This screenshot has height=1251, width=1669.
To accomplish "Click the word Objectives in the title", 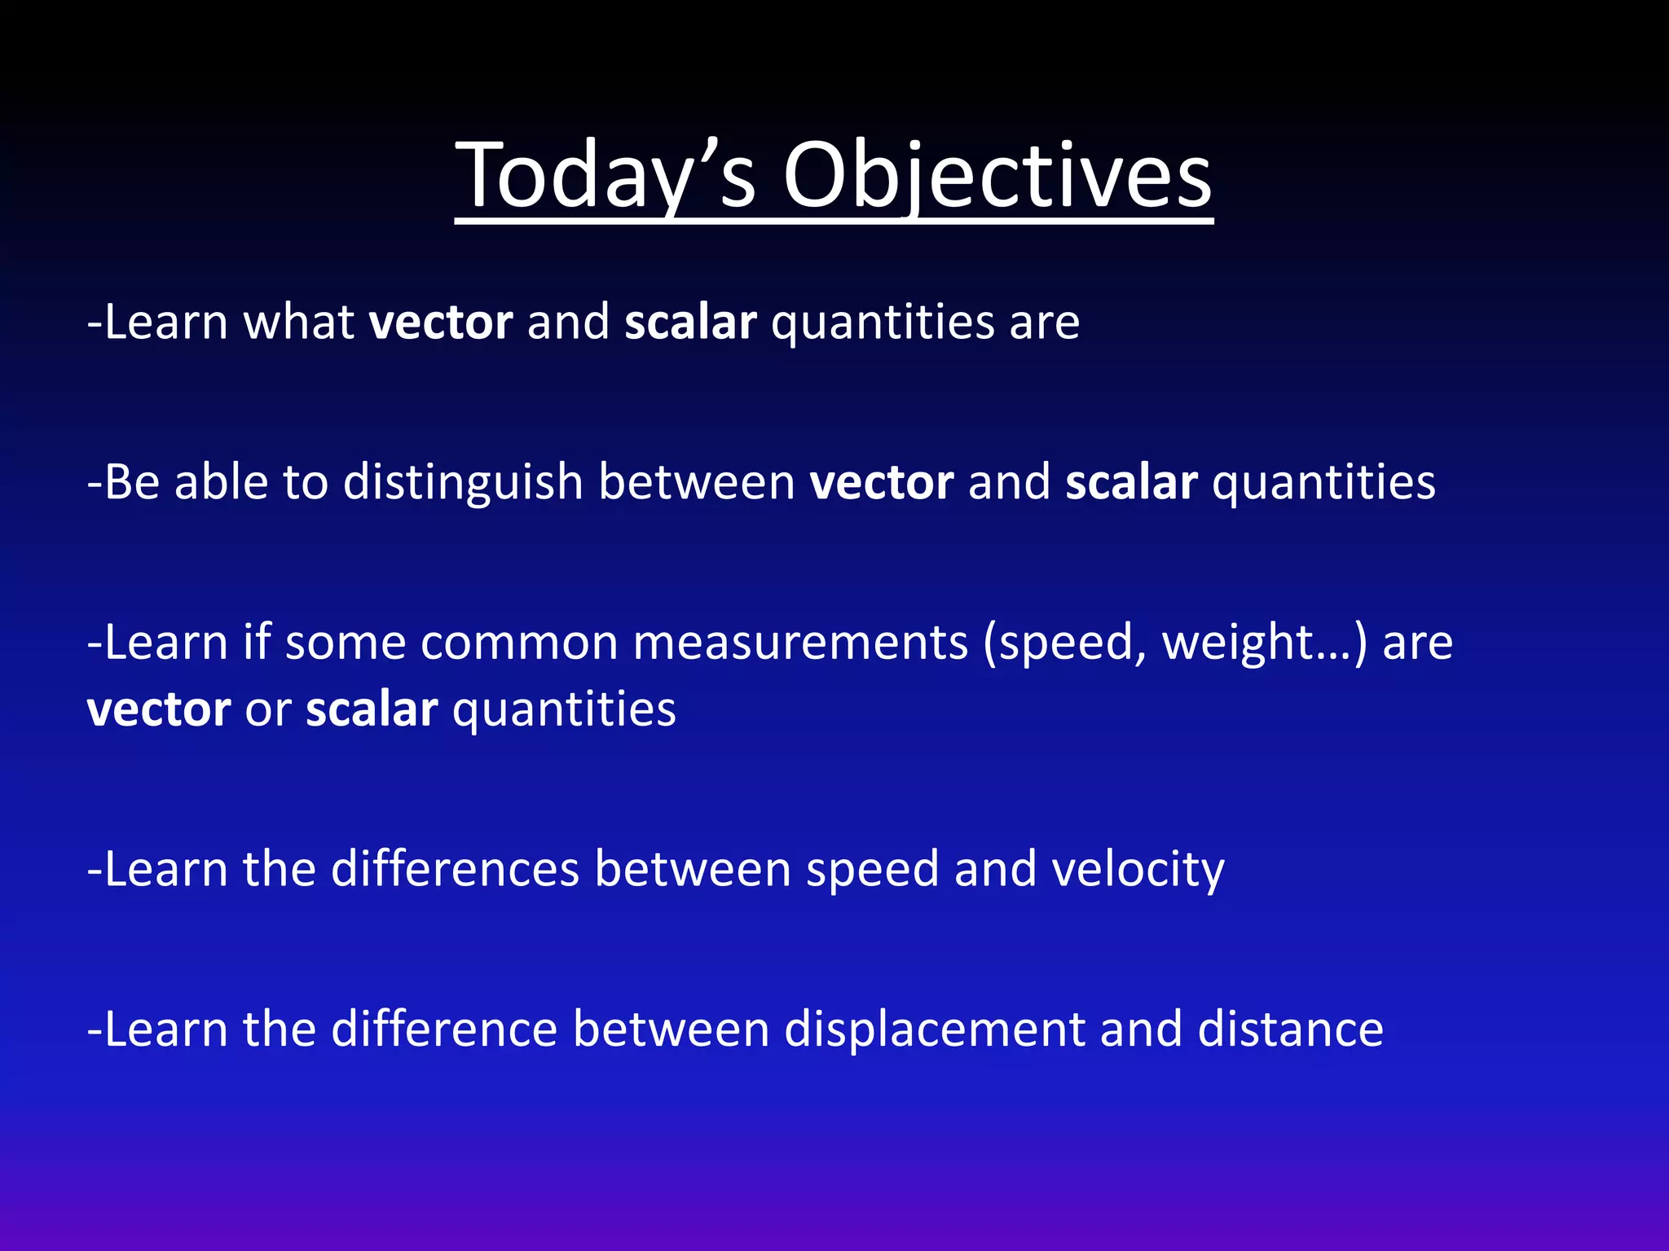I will point(997,175).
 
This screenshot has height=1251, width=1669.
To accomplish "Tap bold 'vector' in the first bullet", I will point(441,322).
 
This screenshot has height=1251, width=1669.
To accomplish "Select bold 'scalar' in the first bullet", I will point(690,322).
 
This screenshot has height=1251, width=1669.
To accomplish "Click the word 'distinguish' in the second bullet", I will point(462,482).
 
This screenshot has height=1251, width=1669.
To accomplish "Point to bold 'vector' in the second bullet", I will point(881,482).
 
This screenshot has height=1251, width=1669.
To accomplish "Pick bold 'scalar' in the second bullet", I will point(1131,482).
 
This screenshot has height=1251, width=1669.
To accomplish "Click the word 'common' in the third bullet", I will point(519,643).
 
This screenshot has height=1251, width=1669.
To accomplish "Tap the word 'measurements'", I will point(800,643).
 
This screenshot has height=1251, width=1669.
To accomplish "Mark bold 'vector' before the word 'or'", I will point(159,709).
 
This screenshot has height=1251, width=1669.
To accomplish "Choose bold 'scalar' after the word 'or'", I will point(372,709).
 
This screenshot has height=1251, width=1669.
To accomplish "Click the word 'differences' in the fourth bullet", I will point(455,869).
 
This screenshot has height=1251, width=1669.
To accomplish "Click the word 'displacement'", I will point(934,1030).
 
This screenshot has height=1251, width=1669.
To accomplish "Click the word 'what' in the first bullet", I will point(298,322).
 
